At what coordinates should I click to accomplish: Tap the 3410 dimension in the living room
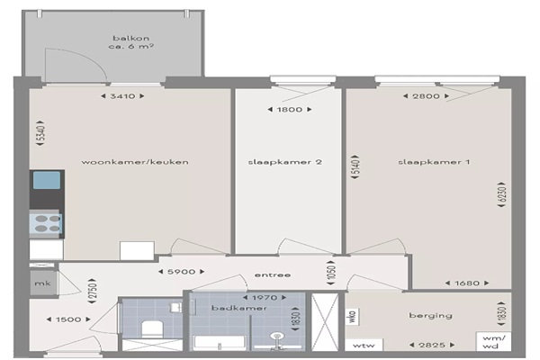tap(122, 96)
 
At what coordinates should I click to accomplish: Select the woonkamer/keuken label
tap(135, 162)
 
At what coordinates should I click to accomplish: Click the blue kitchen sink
tap(47, 181)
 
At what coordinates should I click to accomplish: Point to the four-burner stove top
tap(47, 223)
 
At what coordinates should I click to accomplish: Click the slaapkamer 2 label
tap(285, 162)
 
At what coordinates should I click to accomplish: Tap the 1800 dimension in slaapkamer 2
tap(290, 110)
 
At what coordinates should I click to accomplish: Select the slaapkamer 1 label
tap(434, 162)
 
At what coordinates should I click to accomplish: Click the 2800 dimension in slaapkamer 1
tap(426, 96)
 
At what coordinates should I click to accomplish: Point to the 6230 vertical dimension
tap(502, 194)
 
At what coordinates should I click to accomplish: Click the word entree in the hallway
tap(273, 274)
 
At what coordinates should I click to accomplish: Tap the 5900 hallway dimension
tap(182, 272)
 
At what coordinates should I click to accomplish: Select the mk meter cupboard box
tap(43, 283)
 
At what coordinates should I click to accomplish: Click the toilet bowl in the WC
tap(152, 329)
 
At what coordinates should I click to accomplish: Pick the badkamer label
tap(239, 308)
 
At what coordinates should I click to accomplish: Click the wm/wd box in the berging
tap(493, 342)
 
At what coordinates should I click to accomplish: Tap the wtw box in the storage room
tap(364, 346)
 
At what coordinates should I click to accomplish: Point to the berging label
tap(430, 316)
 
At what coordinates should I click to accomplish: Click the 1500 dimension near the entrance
tap(68, 319)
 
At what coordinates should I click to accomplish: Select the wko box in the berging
tap(353, 316)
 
